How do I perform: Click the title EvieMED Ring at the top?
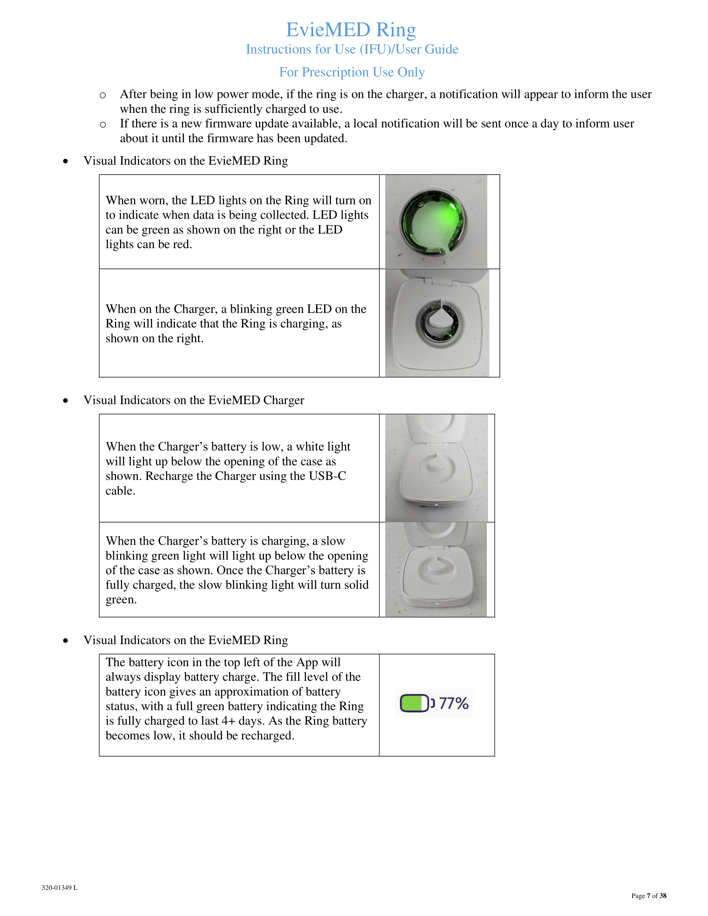coord(351,30)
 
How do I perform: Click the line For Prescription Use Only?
coord(352,72)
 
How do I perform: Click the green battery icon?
coord(414,703)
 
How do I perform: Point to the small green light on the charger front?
coord(437,604)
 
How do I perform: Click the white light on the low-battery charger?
coord(436,505)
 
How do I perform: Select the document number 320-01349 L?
coord(60,888)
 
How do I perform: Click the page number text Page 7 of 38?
coord(648,896)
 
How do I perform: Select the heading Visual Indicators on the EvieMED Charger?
coord(193,400)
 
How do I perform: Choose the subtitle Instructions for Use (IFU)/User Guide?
coord(352,50)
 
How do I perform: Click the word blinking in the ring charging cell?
coord(251,309)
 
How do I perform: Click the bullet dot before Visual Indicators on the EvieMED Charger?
coord(65,401)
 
